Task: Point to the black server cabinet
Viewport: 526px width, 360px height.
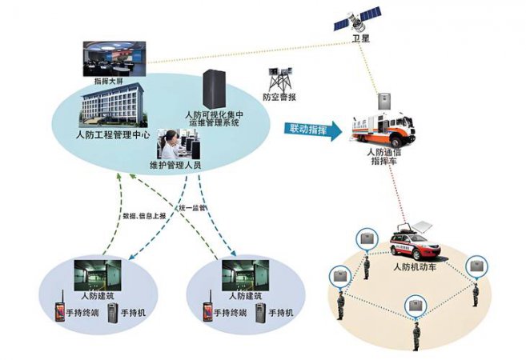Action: point(214,90)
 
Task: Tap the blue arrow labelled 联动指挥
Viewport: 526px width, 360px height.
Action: point(311,127)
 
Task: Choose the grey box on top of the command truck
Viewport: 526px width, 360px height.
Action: point(382,100)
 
